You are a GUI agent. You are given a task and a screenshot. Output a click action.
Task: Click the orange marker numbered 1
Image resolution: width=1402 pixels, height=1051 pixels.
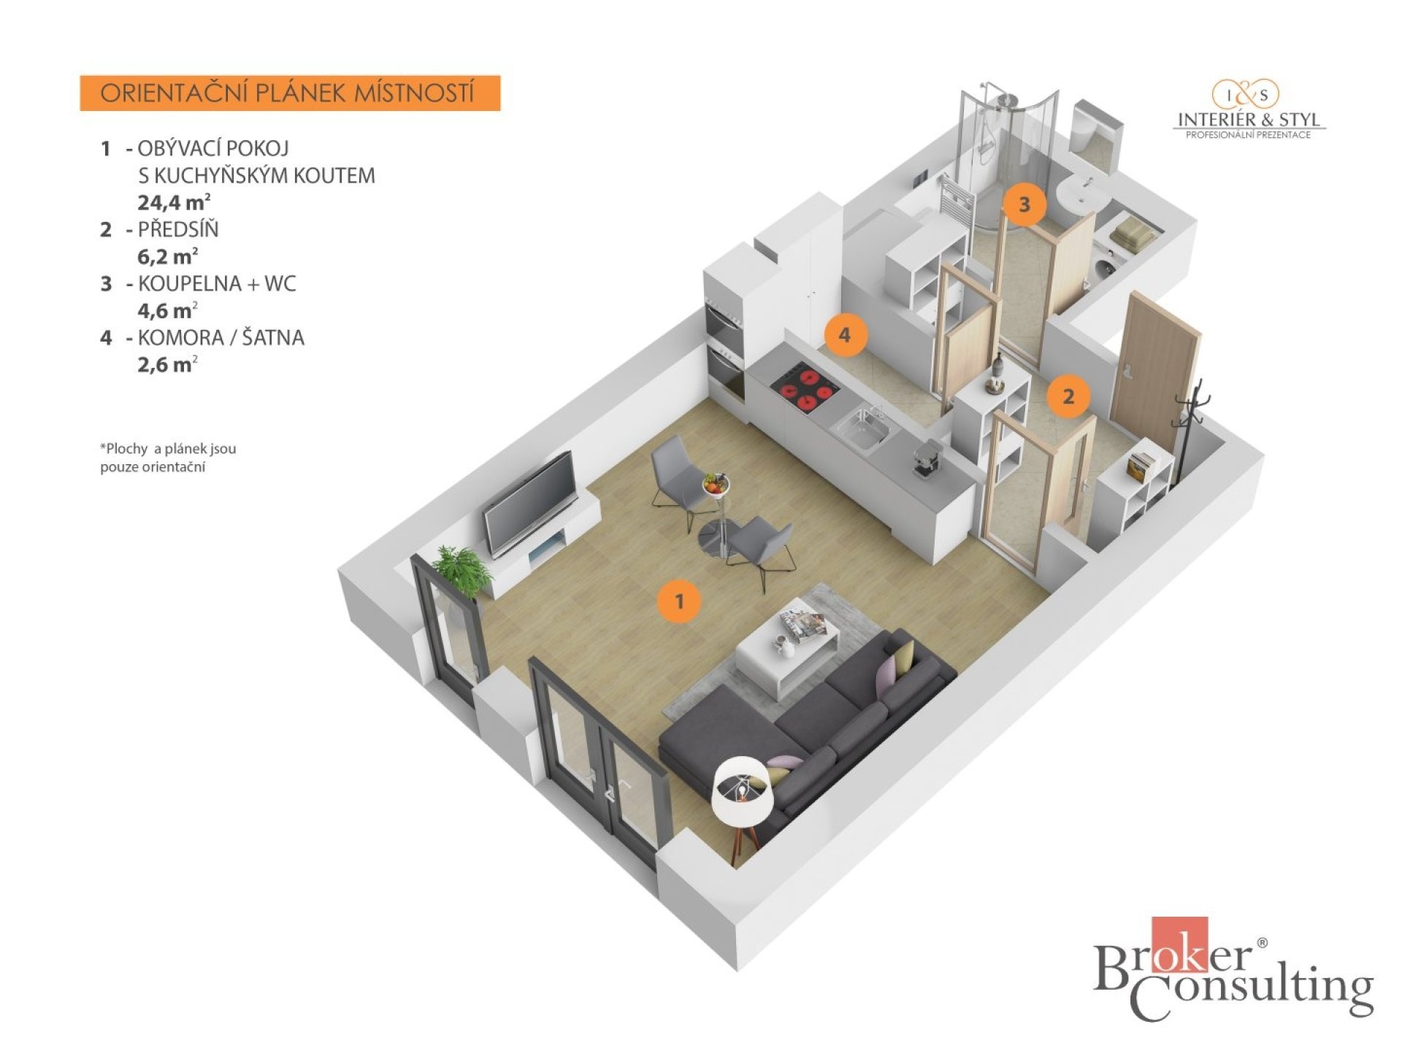tap(679, 601)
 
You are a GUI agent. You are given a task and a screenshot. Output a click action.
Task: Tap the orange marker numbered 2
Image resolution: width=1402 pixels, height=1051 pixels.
tap(1068, 396)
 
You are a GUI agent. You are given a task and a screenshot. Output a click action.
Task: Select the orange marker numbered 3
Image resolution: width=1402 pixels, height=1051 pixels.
tap(1024, 204)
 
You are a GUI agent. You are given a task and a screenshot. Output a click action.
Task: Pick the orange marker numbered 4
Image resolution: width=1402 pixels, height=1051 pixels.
tap(845, 335)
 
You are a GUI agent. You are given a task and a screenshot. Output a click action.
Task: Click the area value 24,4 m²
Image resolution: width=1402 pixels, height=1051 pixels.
tap(169, 201)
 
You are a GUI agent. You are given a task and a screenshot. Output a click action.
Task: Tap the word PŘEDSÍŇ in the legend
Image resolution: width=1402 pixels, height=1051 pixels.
tap(178, 230)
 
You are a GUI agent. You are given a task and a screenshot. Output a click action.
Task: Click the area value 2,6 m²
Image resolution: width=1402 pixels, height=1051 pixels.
tap(167, 363)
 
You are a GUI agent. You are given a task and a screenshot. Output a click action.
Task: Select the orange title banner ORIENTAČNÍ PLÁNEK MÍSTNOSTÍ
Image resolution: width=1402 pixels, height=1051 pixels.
tap(290, 93)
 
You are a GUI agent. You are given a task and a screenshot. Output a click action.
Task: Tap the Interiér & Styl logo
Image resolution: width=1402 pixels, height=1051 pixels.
tap(1249, 109)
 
